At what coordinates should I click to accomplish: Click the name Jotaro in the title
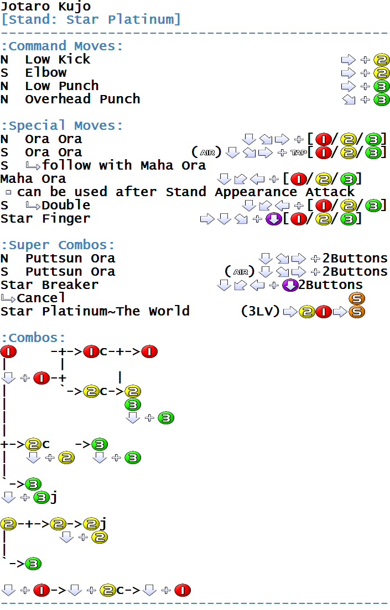[25, 7]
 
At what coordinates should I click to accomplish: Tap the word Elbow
[46, 73]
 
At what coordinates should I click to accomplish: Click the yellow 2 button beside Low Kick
[382, 60]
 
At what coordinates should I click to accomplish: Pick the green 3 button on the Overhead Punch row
[382, 99]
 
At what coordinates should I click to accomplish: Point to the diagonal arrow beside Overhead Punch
[349, 99]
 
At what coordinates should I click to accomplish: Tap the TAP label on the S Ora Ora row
[298, 152]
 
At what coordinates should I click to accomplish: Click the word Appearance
[256, 192]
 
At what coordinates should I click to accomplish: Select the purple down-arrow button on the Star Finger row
[274, 219]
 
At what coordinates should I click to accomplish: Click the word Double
[66, 206]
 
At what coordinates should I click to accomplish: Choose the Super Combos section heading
[58, 245]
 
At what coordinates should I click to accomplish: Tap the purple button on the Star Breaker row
[290, 285]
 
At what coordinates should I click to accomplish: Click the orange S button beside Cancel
[356, 298]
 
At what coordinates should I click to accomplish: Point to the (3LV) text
[260, 311]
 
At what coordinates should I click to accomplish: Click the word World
[169, 311]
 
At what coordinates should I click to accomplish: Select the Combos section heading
[33, 338]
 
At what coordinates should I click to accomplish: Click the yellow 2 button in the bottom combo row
[108, 591]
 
